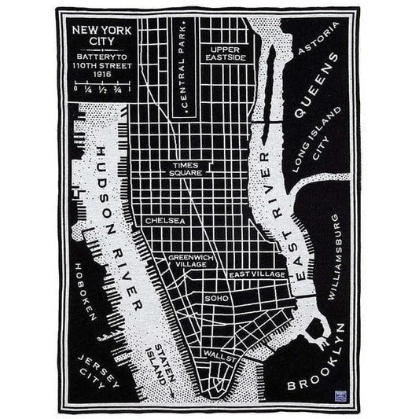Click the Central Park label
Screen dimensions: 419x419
[189, 79]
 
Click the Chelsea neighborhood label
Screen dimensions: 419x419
[165, 221]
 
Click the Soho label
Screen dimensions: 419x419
[215, 299]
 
